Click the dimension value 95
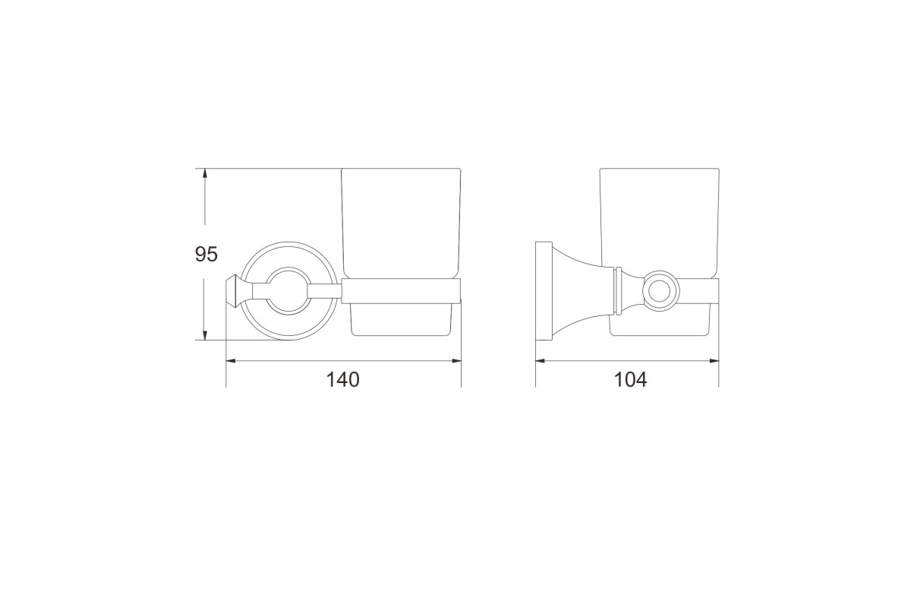tap(206, 254)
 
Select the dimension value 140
tap(343, 379)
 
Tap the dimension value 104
tap(630, 379)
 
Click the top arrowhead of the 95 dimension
tap(204, 173)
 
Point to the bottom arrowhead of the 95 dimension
tap(204, 334)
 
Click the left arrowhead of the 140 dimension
tap(231, 360)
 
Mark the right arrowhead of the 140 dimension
tap(456, 360)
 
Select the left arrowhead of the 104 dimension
tap(541, 360)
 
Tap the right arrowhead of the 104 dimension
tap(714, 360)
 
